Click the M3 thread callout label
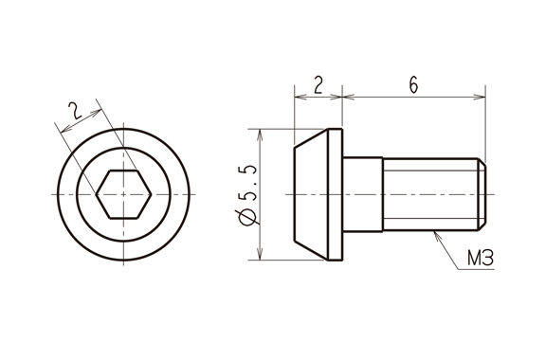click(x=481, y=259)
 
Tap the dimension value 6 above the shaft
click(x=413, y=84)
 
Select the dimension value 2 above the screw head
click(x=318, y=85)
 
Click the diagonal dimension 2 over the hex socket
click(x=75, y=111)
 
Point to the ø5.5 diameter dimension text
click(x=247, y=195)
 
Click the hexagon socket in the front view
click(x=124, y=194)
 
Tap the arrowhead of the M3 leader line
click(x=438, y=236)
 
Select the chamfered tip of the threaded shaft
click(x=481, y=194)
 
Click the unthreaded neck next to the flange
click(x=363, y=194)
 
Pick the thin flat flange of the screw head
click(x=336, y=194)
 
